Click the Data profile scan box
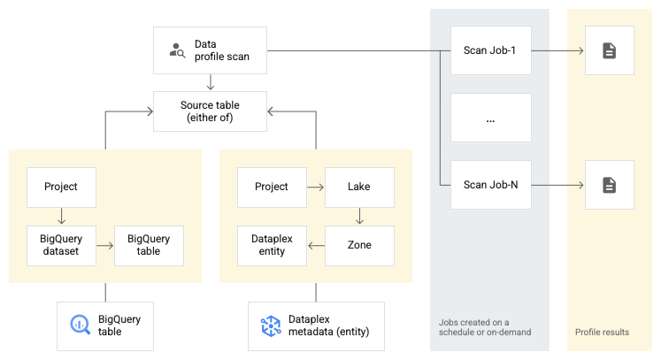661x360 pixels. coord(211,50)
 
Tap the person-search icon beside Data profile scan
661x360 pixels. coord(177,50)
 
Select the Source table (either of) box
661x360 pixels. coord(210,111)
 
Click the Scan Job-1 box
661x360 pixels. coord(489,50)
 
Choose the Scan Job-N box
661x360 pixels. coord(489,185)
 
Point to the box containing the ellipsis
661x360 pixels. coord(489,118)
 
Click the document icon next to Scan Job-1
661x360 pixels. coord(609,51)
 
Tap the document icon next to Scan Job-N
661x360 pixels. coord(609,185)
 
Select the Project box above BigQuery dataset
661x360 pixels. coord(60,187)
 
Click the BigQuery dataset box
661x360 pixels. coord(60,245)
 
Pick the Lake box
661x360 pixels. coord(359,187)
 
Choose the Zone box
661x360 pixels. coord(359,245)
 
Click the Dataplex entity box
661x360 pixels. coord(272,245)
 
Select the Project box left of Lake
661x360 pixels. coord(272,187)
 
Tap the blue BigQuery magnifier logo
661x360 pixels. coord(81,325)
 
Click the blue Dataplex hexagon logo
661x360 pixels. coord(270,326)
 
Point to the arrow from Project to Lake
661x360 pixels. coord(315,187)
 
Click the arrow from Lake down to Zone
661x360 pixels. coord(359,216)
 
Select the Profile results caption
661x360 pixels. coord(602,333)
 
